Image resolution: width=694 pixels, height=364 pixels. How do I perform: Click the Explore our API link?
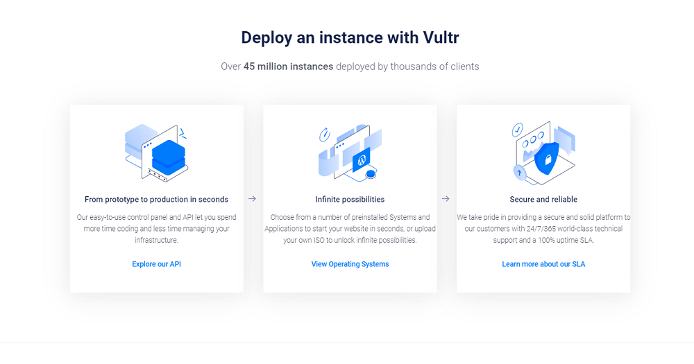[x=156, y=264]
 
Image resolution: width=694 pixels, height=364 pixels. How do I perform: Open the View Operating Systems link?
[x=350, y=264]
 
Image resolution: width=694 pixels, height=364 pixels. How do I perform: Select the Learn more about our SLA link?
[x=543, y=264]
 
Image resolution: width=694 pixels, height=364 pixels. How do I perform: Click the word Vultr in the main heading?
[x=441, y=37]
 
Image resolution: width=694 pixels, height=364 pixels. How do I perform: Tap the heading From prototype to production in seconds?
[x=156, y=200]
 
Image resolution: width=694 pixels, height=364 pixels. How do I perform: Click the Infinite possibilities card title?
[x=350, y=200]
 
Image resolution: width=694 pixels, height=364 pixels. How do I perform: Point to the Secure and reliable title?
[x=543, y=200]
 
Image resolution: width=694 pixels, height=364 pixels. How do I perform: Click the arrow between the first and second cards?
[x=253, y=199]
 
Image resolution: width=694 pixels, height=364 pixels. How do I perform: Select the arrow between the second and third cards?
[x=446, y=199]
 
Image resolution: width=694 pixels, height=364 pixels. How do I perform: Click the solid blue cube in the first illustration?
[x=169, y=157]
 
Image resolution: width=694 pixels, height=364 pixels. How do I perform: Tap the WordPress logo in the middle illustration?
[x=362, y=160]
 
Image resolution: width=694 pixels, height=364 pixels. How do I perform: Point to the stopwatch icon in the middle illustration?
[x=324, y=135]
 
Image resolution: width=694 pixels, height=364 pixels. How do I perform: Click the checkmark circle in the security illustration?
[x=517, y=130]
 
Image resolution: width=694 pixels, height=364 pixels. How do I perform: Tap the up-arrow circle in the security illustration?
[x=519, y=173]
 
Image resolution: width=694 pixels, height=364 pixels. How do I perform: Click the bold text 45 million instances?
[x=288, y=67]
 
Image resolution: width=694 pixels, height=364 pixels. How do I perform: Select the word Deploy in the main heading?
[x=266, y=38]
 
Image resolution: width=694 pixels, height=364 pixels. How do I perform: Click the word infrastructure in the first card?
[x=156, y=240]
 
